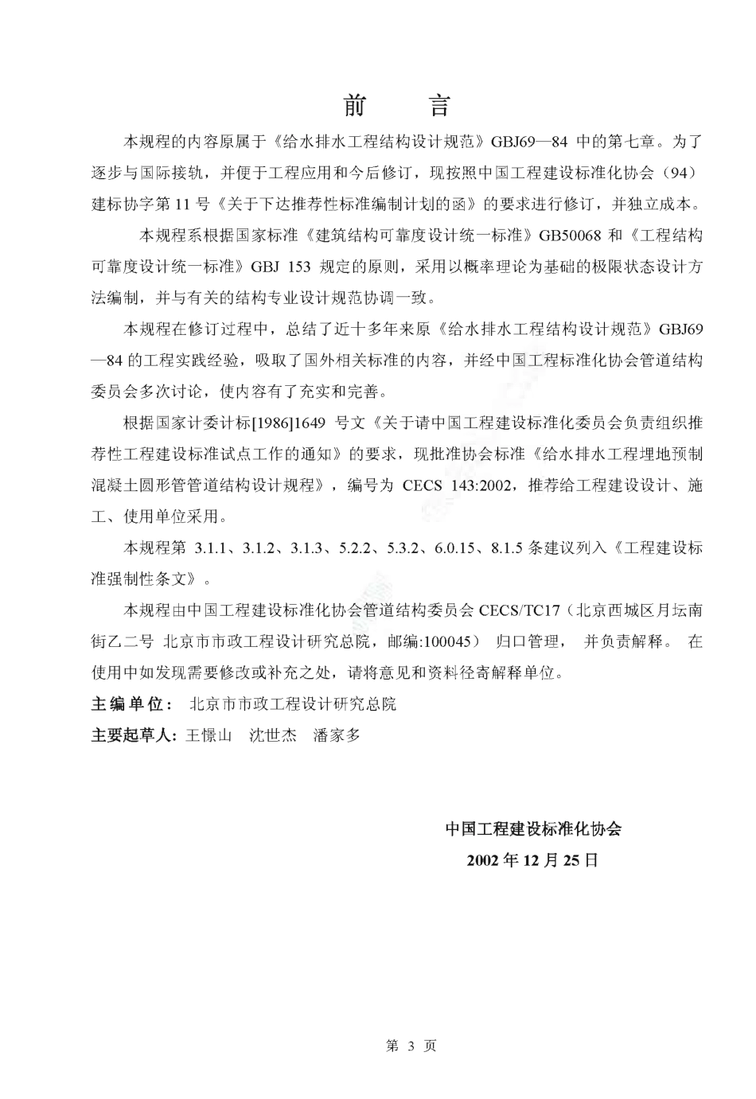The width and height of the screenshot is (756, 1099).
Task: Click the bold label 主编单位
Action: pyautogui.click(x=127, y=704)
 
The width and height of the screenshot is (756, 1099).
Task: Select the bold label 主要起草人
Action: pyautogui.click(x=133, y=735)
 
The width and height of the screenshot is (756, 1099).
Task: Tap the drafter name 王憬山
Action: pyautogui.click(x=208, y=735)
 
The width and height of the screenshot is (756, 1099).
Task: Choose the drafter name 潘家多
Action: pyautogui.click(x=337, y=735)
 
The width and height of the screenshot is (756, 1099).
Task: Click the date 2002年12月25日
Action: pyautogui.click(x=532, y=860)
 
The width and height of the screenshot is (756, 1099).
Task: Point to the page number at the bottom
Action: pyautogui.click(x=411, y=1046)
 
